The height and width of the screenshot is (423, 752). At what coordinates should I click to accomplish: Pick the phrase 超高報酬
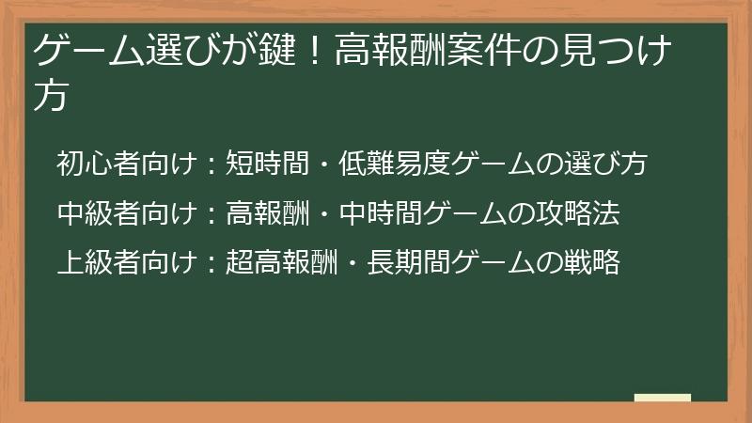pyautogui.click(x=282, y=263)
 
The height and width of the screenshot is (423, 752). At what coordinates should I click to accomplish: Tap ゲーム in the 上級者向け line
pyautogui.click(x=485, y=263)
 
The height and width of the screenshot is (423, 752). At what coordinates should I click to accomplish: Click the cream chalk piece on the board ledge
pyautogui.click(x=662, y=398)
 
